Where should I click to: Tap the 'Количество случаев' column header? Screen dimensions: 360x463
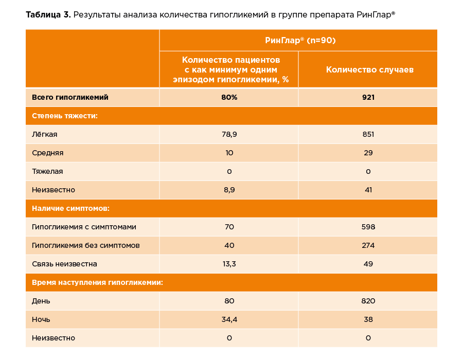pos(369,69)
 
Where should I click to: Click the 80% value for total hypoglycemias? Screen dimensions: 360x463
pos(229,97)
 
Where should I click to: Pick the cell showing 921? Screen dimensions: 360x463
pos(368,97)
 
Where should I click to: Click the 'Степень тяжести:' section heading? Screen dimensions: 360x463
pos(65,116)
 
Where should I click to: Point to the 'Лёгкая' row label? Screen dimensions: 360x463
pos(45,134)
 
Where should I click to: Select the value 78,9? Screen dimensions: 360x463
pos(229,134)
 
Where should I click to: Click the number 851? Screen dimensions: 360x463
pos(368,134)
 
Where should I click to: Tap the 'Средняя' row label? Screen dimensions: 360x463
pos(47,153)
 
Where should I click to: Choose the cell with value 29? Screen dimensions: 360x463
pos(368,153)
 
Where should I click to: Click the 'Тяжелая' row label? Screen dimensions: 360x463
pos(47,171)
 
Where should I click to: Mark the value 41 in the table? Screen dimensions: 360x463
pos(368,190)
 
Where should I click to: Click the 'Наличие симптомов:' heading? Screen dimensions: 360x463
pos(70,208)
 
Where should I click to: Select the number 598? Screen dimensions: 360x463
pos(368,227)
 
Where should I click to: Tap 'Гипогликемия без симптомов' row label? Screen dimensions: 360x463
pos(85,245)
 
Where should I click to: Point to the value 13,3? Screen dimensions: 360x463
pos(229,264)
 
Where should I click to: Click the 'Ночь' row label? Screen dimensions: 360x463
pos(41,319)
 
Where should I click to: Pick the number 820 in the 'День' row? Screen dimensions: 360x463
pos(368,301)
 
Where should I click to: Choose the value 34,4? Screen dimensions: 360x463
pos(229,319)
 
